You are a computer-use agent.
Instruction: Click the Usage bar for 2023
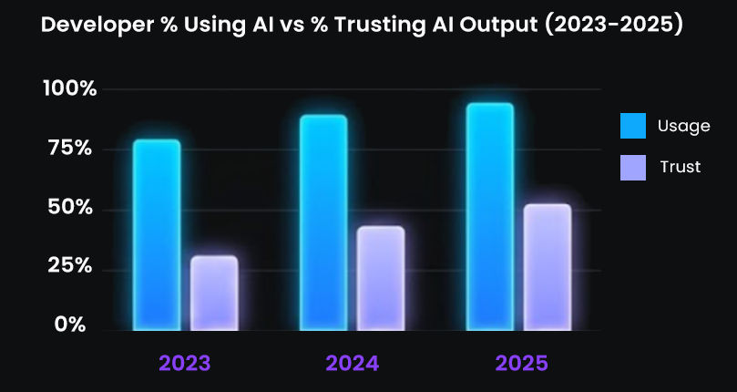pyautogui.click(x=157, y=234)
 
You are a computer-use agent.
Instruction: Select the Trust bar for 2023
pyautogui.click(x=214, y=293)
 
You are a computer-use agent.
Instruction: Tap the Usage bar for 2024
pyautogui.click(x=323, y=222)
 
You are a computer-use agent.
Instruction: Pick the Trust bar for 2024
pyautogui.click(x=381, y=278)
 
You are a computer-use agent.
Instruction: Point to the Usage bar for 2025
pyautogui.click(x=490, y=216)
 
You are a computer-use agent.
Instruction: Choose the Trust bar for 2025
pyautogui.click(x=548, y=266)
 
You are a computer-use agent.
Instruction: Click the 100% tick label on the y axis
pyautogui.click(x=69, y=89)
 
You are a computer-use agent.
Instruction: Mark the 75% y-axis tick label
pyautogui.click(x=71, y=149)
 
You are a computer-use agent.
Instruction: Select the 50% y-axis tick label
pyautogui.click(x=71, y=208)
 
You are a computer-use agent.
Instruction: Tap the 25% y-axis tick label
pyautogui.click(x=71, y=267)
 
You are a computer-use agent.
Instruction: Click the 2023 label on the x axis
pyautogui.click(x=185, y=364)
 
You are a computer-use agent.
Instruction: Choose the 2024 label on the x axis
pyautogui.click(x=353, y=364)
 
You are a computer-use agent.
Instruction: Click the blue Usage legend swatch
pyautogui.click(x=633, y=126)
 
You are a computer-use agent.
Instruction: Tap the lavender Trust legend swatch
pyautogui.click(x=633, y=168)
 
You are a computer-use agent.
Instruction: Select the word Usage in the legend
pyautogui.click(x=683, y=126)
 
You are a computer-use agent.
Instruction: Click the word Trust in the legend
pyautogui.click(x=680, y=168)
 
